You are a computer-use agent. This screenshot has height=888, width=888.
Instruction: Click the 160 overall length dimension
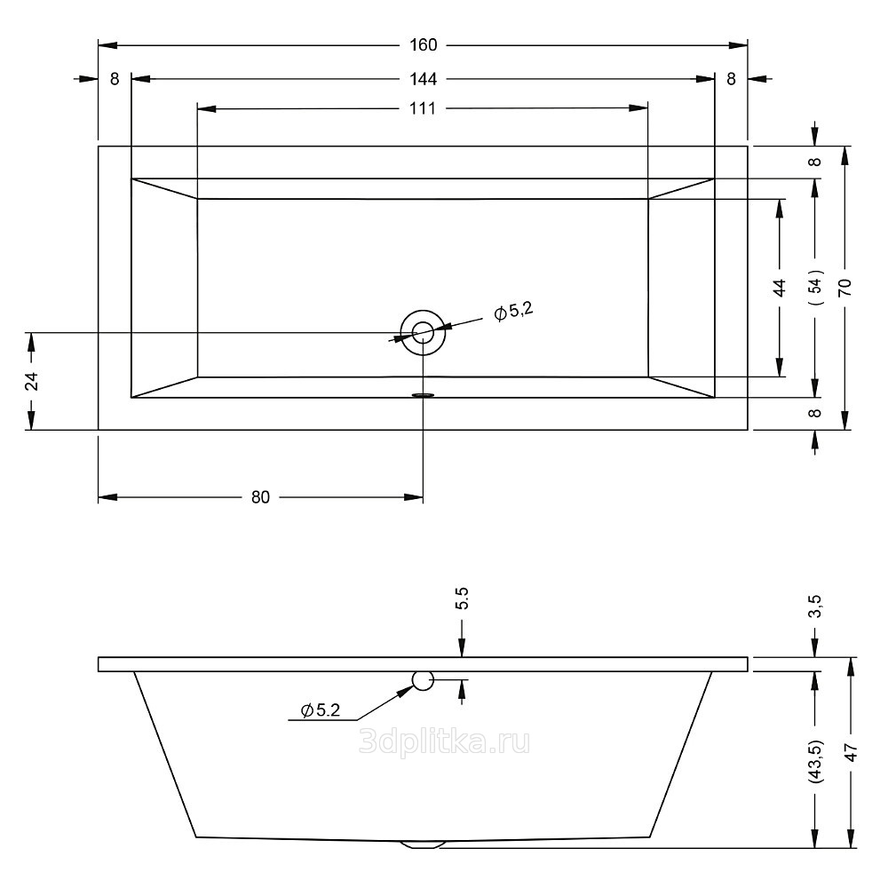[x=423, y=45]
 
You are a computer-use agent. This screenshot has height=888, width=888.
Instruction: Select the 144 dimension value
[x=424, y=79]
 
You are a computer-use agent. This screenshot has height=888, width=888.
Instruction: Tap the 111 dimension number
[x=423, y=109]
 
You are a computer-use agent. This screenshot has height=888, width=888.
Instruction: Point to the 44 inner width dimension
[x=780, y=288]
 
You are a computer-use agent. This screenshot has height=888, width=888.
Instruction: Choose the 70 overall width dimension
[x=844, y=287]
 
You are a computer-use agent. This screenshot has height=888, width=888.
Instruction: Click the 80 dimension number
[x=259, y=497]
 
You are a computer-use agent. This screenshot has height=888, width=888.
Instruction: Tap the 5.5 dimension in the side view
[x=462, y=598]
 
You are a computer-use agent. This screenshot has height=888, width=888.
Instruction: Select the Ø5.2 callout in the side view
[x=321, y=710]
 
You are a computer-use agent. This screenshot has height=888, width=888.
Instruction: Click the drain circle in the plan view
[x=423, y=333]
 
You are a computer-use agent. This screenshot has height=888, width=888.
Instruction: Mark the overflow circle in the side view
[x=423, y=681]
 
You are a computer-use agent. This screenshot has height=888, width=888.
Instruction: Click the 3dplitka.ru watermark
[x=444, y=741]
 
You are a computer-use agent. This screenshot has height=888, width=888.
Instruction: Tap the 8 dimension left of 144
[x=115, y=79]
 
